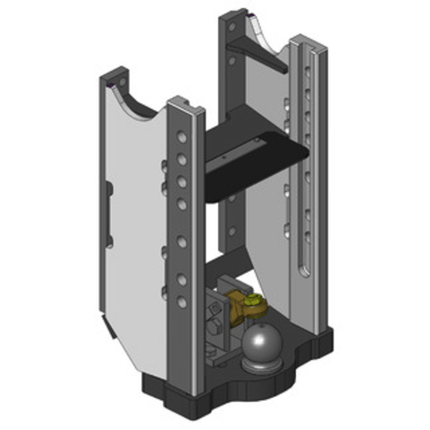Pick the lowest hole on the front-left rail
182,303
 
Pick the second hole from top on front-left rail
182,160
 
